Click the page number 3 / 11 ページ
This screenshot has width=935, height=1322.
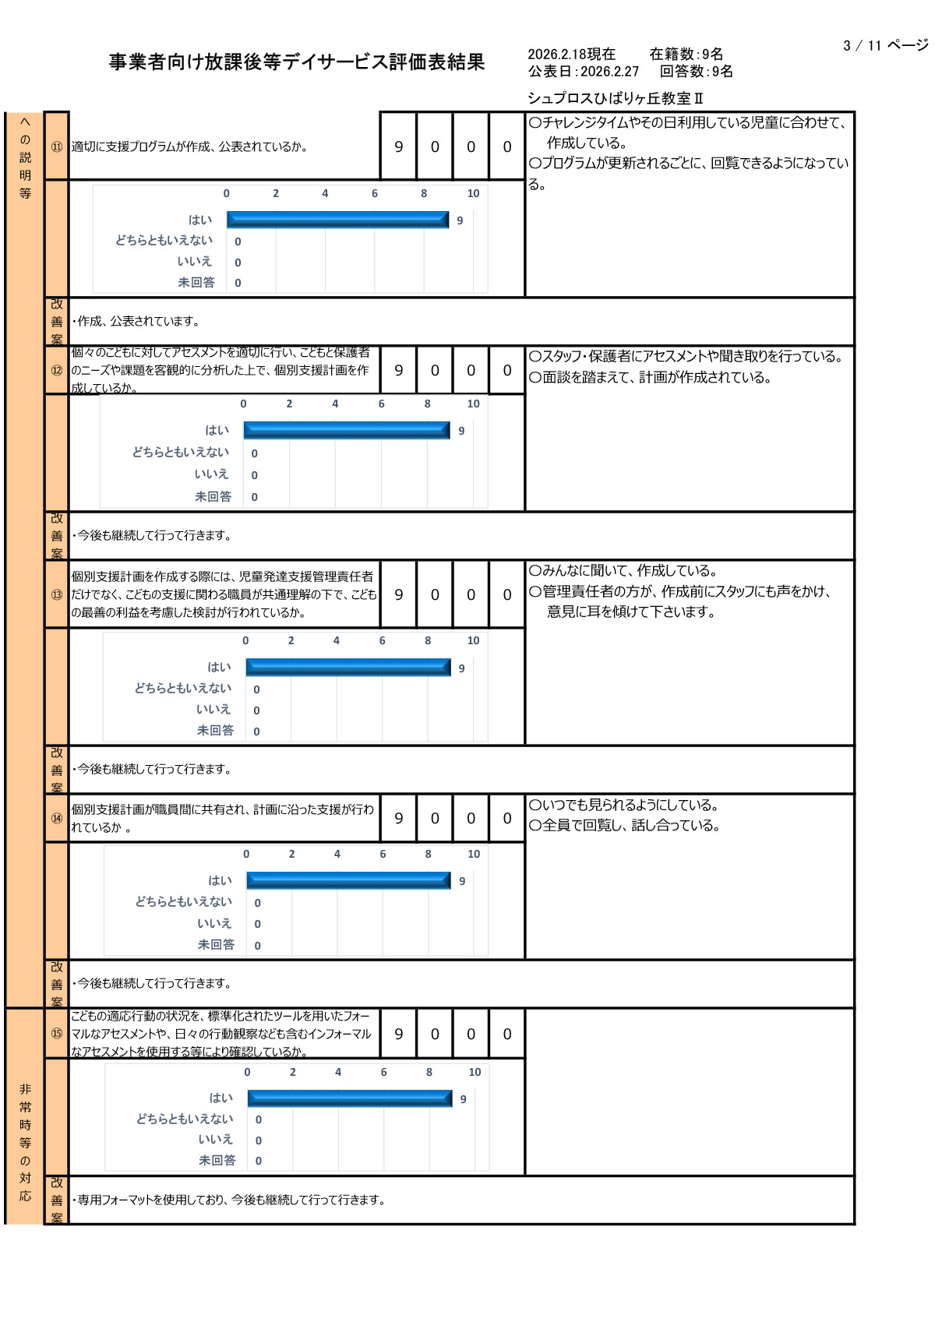point(885,45)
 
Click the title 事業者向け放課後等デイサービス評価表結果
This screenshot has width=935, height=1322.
point(297,62)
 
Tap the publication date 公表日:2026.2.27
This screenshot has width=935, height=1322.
point(584,72)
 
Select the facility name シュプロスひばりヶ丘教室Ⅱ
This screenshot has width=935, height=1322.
point(616,98)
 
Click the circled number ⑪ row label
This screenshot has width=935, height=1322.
point(57,146)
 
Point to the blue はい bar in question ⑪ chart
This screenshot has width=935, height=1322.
point(337,220)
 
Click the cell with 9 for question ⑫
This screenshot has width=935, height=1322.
point(399,371)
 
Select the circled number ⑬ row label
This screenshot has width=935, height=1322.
point(57,594)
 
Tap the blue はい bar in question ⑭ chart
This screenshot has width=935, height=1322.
point(348,880)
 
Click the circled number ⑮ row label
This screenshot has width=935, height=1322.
point(57,1034)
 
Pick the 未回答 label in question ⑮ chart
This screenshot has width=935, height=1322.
point(217,1160)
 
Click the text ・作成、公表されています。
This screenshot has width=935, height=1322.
point(137,321)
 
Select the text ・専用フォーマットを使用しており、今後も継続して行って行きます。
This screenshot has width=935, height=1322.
point(230,1200)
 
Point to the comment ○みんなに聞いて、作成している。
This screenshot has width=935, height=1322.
point(623,570)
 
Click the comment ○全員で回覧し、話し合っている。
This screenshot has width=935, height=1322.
point(625,825)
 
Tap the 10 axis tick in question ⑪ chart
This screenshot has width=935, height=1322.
point(473,193)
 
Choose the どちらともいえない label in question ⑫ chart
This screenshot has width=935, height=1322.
point(180,452)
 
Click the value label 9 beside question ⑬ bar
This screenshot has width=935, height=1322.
point(462,668)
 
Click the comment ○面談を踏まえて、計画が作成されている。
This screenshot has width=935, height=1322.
point(651,378)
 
